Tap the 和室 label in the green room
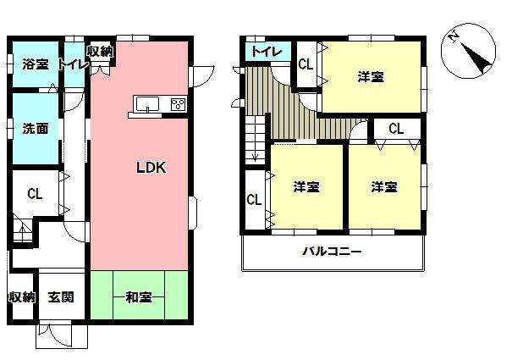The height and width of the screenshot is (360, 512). pyautogui.click(x=138, y=296)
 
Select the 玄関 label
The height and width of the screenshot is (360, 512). pyautogui.click(x=61, y=297)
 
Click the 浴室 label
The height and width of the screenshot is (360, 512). pyautogui.click(x=35, y=64)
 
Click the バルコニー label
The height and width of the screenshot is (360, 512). pyautogui.click(x=333, y=252)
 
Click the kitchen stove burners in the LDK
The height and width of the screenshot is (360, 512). pyautogui.click(x=179, y=104)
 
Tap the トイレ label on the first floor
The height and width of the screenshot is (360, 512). pyautogui.click(x=74, y=64)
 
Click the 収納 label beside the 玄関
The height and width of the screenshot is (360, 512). pyautogui.click(x=21, y=297)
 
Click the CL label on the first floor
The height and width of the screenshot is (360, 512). pyautogui.click(x=34, y=194)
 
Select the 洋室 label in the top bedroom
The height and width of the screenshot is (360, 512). pyautogui.click(x=370, y=77)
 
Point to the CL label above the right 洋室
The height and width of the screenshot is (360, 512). pyautogui.click(x=397, y=128)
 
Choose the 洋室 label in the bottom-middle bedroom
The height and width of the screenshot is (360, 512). pyautogui.click(x=306, y=186)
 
